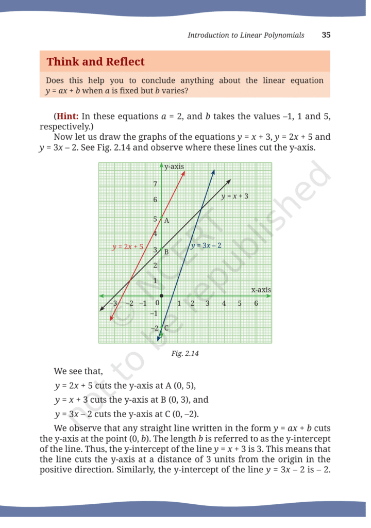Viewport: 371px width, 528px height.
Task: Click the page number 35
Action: (x=326, y=35)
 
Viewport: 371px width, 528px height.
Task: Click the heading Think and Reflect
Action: (x=95, y=62)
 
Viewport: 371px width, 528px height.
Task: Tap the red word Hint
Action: (x=67, y=117)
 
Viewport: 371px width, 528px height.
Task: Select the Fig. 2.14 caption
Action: (x=185, y=354)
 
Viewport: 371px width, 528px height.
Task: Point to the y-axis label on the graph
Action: (x=175, y=166)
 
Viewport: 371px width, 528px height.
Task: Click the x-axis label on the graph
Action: (x=261, y=290)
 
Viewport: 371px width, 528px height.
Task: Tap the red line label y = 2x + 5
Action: (x=128, y=247)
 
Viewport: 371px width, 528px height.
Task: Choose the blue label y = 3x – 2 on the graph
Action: (x=206, y=245)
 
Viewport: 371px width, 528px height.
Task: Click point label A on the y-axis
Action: (x=166, y=221)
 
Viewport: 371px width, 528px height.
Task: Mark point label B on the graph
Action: (x=166, y=252)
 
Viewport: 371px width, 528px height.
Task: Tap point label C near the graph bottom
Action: (x=166, y=328)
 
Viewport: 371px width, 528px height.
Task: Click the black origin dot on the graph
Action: (x=161, y=296)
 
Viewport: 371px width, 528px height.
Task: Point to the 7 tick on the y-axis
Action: (x=156, y=184)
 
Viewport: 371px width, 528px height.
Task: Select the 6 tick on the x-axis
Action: (x=256, y=304)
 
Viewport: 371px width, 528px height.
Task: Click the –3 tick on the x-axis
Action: (x=114, y=304)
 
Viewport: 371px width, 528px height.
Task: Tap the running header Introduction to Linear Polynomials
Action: (x=246, y=35)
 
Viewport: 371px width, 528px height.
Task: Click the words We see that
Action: (x=78, y=371)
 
